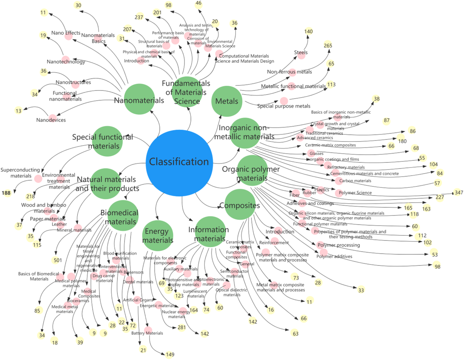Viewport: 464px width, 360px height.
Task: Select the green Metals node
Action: click(227, 102)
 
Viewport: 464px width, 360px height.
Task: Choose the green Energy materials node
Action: click(158, 236)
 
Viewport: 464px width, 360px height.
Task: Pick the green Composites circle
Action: click(240, 205)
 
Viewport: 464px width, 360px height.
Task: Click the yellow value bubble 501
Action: click(58, 260)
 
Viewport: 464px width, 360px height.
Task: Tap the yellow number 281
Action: click(182, 328)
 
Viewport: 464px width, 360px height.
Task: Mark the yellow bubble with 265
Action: click(328, 46)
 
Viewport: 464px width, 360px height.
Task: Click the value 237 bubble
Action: click(139, 17)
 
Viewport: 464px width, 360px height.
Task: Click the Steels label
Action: click(301, 53)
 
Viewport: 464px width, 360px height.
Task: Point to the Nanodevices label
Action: click(51, 120)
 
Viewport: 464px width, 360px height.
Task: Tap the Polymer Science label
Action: click(355, 193)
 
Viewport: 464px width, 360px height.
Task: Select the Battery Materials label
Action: click(147, 333)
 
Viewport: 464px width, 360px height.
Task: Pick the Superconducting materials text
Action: click(20, 173)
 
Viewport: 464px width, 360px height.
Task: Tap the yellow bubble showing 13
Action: click(19, 111)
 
